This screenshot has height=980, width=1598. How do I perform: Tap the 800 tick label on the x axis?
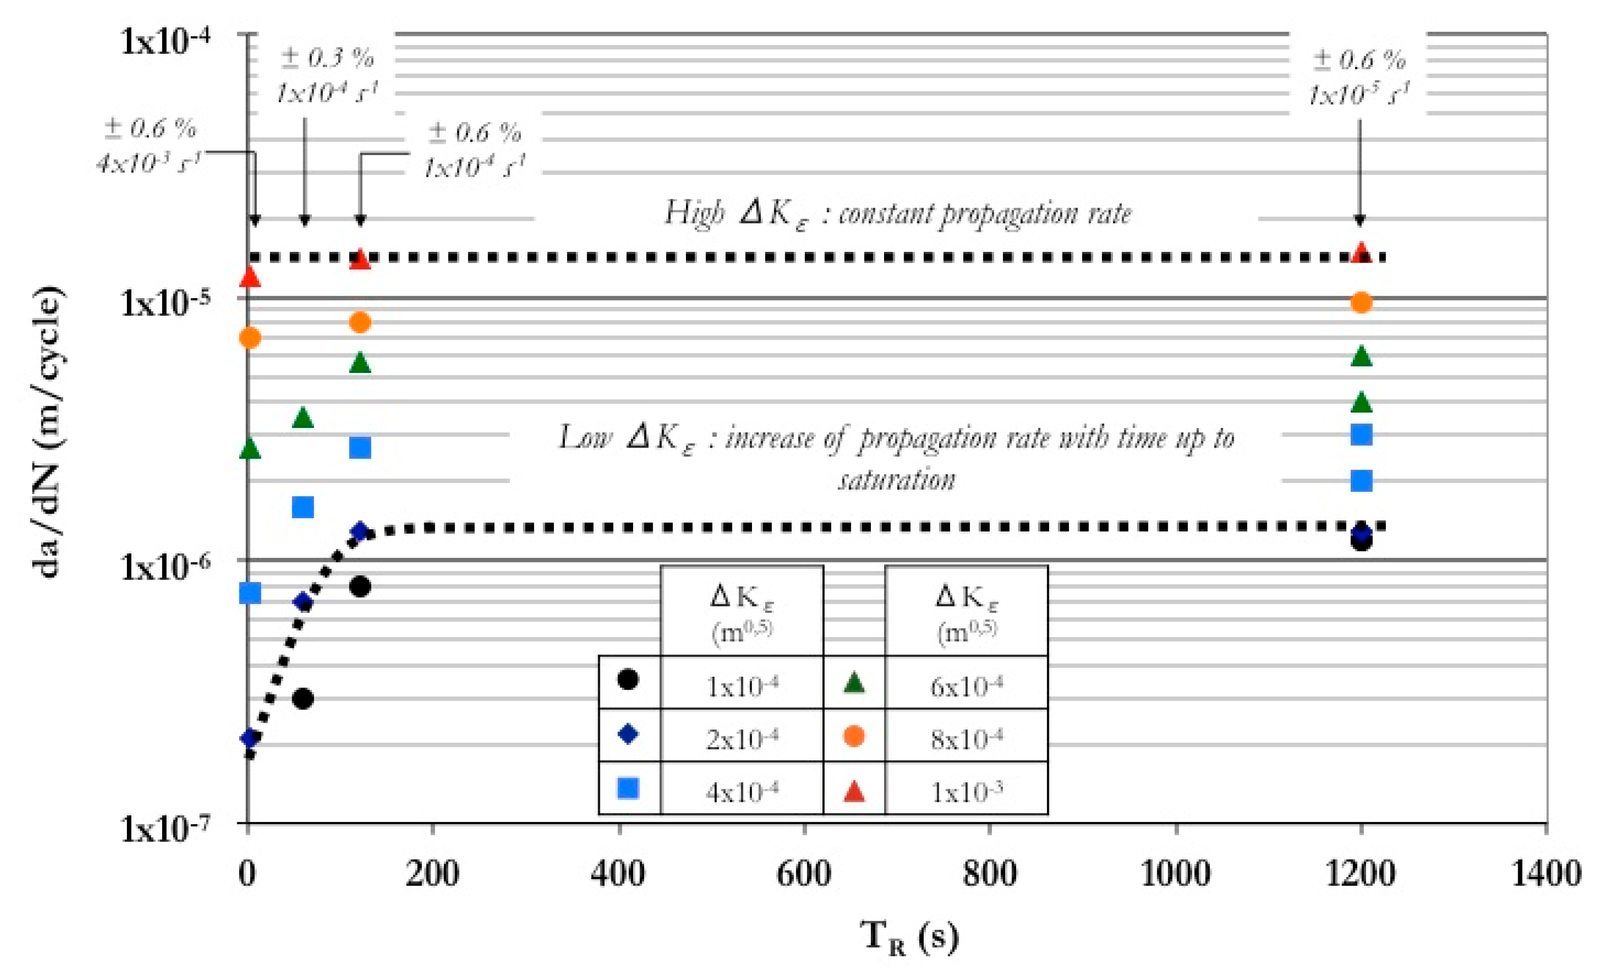(x=990, y=874)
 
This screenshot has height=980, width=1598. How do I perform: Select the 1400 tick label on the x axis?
(x=1546, y=874)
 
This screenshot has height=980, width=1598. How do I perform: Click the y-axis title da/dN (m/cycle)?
(x=49, y=431)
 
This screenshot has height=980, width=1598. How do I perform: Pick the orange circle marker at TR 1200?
(x=1361, y=302)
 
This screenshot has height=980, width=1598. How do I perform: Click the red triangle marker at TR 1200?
(x=1361, y=253)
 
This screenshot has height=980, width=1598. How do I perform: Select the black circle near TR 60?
(x=303, y=699)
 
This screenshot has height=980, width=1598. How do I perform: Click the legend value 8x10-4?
(x=967, y=738)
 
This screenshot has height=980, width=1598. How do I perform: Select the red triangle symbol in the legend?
(x=854, y=791)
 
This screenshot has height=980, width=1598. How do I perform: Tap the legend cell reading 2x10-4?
(x=741, y=738)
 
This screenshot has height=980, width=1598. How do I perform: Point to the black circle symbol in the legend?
(x=628, y=680)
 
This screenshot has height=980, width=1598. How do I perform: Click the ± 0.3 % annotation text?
(x=328, y=58)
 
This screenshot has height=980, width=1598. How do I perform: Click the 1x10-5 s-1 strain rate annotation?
(x=1359, y=95)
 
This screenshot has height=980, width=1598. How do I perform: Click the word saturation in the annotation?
(x=896, y=480)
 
